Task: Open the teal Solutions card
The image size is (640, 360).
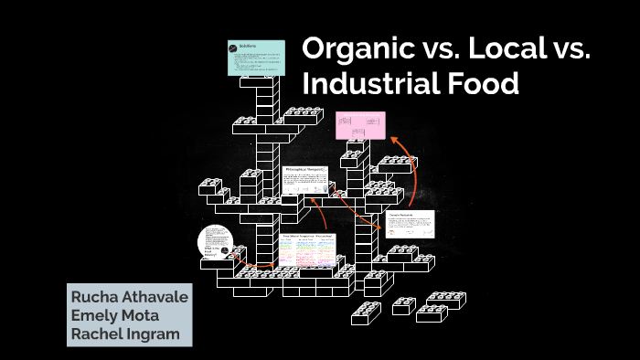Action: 256,58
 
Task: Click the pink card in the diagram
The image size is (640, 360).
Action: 360,125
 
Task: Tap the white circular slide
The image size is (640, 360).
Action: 215,244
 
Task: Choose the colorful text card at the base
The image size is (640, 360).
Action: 307,251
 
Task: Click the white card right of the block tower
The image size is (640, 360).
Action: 409,225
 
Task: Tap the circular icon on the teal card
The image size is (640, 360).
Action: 234,47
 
